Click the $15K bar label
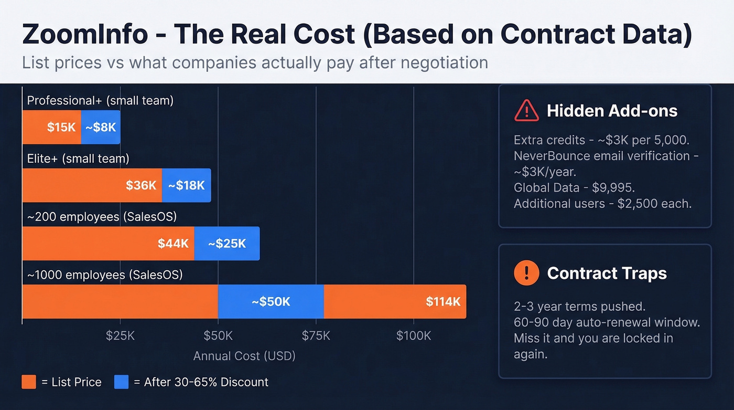point(61,127)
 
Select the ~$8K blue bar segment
point(101,127)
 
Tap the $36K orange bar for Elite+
point(92,185)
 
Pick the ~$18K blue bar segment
point(186,185)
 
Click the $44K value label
point(173,244)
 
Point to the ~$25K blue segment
point(226,244)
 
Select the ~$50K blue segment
point(271,302)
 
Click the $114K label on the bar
point(443,302)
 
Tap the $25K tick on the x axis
point(120,336)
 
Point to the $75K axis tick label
point(316,336)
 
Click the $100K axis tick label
point(414,336)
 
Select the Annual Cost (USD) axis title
point(244,356)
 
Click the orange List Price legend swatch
point(29,382)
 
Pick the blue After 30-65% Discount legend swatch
point(121,382)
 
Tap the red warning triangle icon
point(526,111)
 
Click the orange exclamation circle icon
point(526,273)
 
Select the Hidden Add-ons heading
point(612,111)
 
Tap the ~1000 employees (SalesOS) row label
point(105,274)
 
